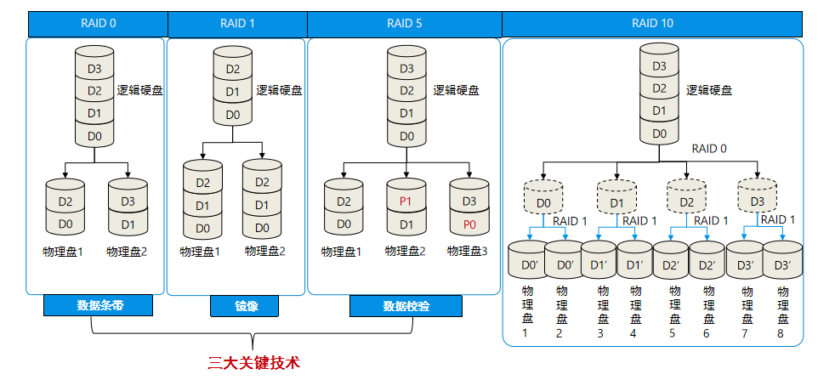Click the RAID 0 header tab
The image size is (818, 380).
coord(98,24)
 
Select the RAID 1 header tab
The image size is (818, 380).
coord(237,24)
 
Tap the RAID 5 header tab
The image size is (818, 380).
coord(405,24)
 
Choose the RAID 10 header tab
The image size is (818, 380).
coord(653,24)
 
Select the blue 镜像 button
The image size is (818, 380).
coord(234,305)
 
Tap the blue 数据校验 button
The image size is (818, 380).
coord(406,305)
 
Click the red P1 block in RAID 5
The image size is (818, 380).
coord(406,201)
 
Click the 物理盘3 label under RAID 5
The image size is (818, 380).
coord(468,251)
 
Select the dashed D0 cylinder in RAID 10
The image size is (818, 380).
coord(544,203)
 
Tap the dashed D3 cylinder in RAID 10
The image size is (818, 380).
coord(758,203)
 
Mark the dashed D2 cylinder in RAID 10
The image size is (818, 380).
coord(687,203)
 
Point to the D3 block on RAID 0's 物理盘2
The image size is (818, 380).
coord(128,201)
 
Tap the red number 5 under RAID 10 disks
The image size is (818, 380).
coord(672,332)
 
